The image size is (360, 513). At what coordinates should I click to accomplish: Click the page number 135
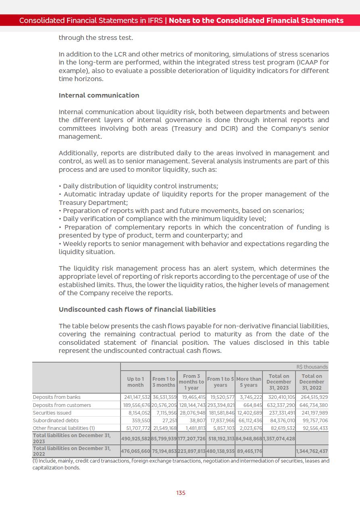tap(181, 493)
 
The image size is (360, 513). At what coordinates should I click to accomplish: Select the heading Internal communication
tap(99, 96)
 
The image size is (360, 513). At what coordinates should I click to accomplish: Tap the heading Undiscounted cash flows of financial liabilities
tap(137, 309)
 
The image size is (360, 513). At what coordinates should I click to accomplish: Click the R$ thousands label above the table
tap(312, 367)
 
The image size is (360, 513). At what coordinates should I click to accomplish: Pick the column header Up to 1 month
tap(135, 382)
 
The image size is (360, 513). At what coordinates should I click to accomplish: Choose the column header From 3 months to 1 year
tap(191, 382)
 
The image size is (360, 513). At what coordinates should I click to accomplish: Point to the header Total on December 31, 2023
tap(279, 382)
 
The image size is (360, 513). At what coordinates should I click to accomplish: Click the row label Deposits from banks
tap(56, 397)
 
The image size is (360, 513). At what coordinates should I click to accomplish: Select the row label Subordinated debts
tap(56, 420)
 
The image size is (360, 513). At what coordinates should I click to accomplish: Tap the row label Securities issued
tap(52, 413)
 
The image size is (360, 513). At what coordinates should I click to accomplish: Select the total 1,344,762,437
tap(312, 451)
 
